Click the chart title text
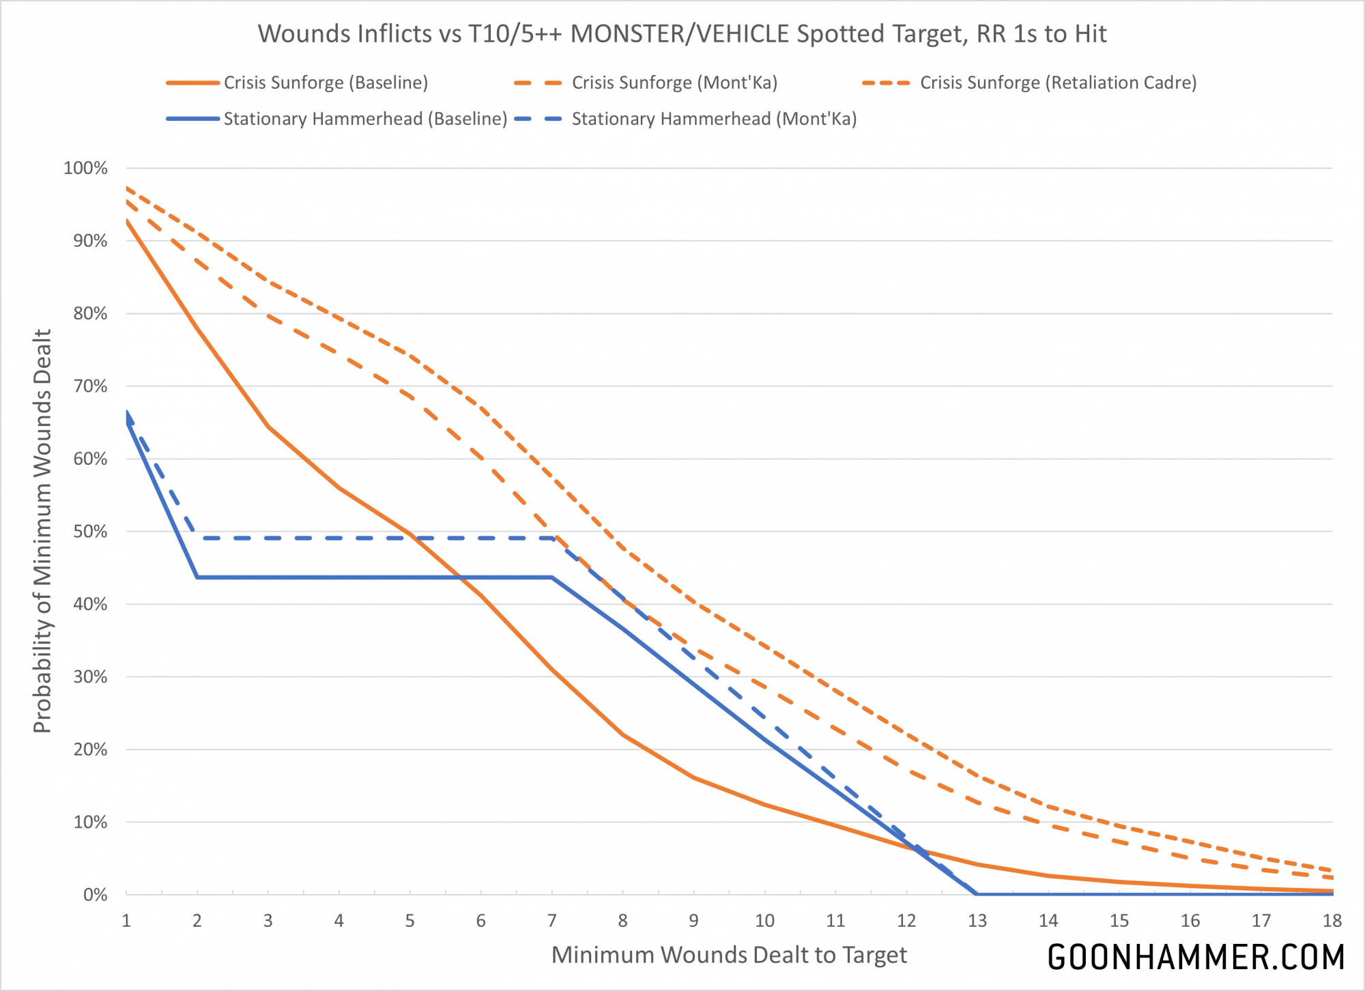click(682, 33)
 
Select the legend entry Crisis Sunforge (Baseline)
click(326, 83)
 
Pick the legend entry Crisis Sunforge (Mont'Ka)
click(674, 83)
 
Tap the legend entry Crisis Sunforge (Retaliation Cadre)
click(1058, 83)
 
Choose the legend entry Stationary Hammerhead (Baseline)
click(365, 119)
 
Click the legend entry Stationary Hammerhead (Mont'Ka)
click(714, 119)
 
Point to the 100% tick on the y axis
click(85, 168)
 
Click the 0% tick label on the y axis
click(95, 895)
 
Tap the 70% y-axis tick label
click(89, 386)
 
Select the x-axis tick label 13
click(977, 921)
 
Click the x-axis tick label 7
click(551, 921)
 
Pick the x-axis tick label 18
click(1332, 921)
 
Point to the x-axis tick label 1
click(126, 921)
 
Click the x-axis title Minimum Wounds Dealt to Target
click(729, 955)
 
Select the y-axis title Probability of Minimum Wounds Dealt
click(42, 531)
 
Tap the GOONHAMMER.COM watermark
click(1196, 957)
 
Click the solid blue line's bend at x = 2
click(197, 577)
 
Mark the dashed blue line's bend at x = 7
click(551, 538)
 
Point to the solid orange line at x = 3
click(268, 427)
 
